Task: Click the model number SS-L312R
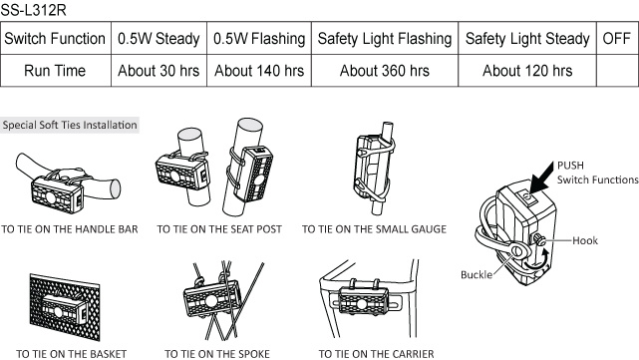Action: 33,10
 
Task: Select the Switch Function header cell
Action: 55,39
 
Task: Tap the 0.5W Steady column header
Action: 159,39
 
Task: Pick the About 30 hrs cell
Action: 159,71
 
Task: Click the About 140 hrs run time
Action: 259,71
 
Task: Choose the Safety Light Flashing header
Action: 385,39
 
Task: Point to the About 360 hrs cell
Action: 385,71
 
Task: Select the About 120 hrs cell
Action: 527,71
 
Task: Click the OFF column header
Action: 617,39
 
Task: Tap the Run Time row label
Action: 55,71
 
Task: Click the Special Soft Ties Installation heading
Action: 70,125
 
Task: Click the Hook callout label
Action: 585,240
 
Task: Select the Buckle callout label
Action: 477,275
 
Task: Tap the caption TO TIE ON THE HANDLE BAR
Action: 70,229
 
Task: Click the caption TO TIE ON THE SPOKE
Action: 217,354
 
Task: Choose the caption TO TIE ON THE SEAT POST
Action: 219,229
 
